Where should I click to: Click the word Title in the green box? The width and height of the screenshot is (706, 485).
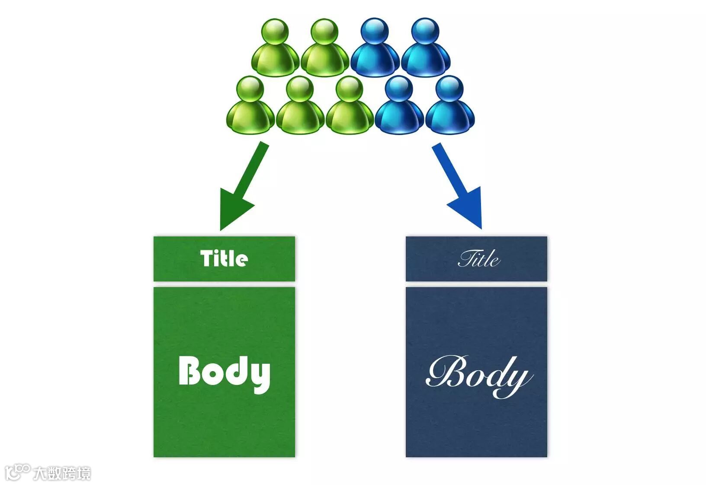click(x=224, y=259)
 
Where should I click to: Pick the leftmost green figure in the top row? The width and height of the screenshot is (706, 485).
click(x=276, y=50)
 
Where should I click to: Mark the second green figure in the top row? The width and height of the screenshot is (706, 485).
click(x=324, y=50)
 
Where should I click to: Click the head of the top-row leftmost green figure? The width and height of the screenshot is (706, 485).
click(x=276, y=32)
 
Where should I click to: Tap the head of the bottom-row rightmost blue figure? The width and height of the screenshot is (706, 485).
click(x=449, y=89)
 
